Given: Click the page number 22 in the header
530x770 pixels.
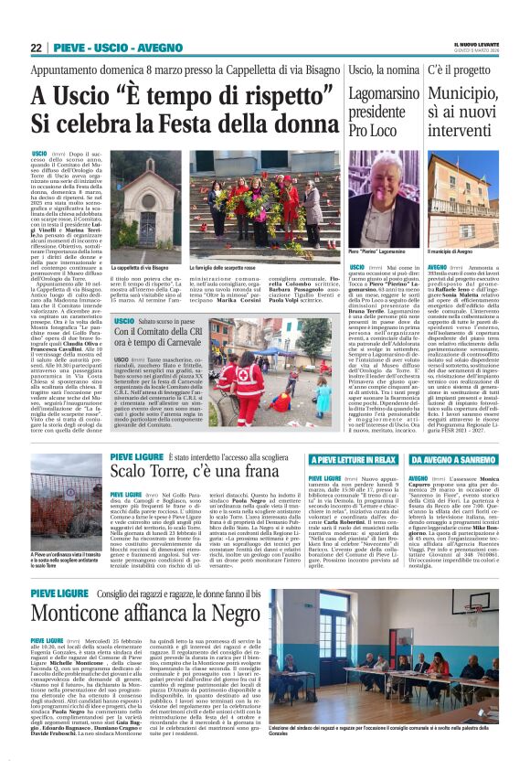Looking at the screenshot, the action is point(37,48).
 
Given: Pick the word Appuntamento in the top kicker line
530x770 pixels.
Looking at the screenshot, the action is point(67,70).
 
